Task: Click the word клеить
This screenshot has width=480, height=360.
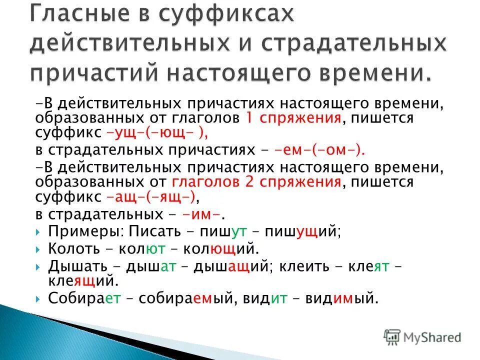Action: [x=301, y=265]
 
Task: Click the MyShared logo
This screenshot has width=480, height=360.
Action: [x=422, y=337]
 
